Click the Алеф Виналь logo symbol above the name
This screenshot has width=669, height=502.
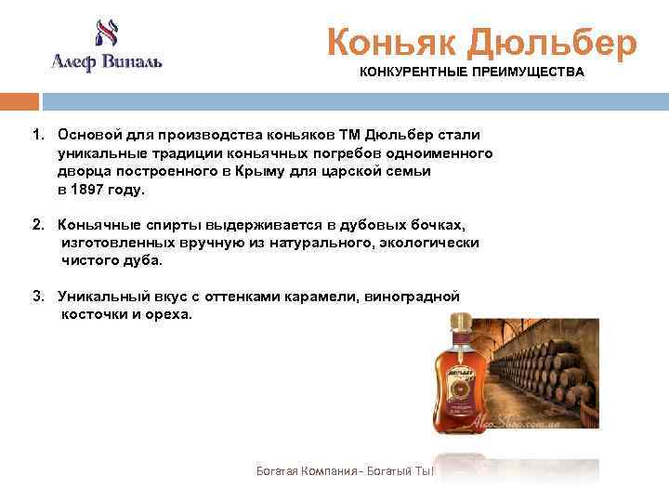click(103, 34)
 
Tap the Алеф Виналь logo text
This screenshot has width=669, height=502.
click(106, 62)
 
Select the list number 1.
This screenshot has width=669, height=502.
click(37, 137)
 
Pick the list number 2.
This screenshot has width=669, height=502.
click(37, 226)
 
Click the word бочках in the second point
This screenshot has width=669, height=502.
click(436, 226)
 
